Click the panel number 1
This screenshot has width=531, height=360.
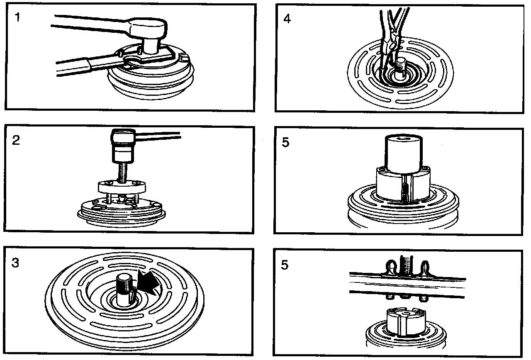17,18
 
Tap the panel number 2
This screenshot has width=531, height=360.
17,141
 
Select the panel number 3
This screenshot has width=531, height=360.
15,263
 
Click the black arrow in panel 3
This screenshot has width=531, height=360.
150,284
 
